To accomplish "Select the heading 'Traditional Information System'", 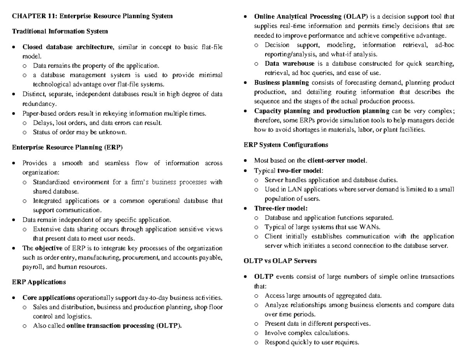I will [60, 31].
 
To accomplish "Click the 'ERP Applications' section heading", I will [39, 282].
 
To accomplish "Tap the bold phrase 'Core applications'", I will [49, 298].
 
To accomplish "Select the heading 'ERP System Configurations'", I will [285, 145].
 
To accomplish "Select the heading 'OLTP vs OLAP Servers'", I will [280, 261].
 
